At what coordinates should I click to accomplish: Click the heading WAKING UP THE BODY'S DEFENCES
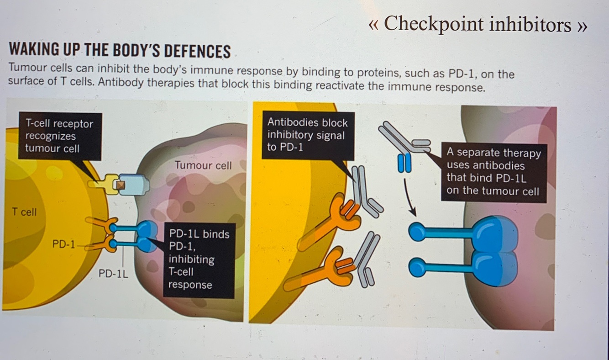tap(120, 51)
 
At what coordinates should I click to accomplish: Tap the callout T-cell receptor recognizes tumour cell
tap(59, 136)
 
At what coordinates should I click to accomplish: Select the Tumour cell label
tap(203, 165)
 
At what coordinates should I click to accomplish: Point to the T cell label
tap(24, 212)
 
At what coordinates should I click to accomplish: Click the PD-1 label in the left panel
tap(63, 244)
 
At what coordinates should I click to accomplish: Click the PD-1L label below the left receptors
tap(113, 274)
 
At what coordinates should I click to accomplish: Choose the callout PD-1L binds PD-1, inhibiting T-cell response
tap(199, 259)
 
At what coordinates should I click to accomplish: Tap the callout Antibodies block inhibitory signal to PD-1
tap(307, 135)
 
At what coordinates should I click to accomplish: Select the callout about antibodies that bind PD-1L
tap(493, 172)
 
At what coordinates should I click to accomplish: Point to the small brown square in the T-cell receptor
tap(121, 185)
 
